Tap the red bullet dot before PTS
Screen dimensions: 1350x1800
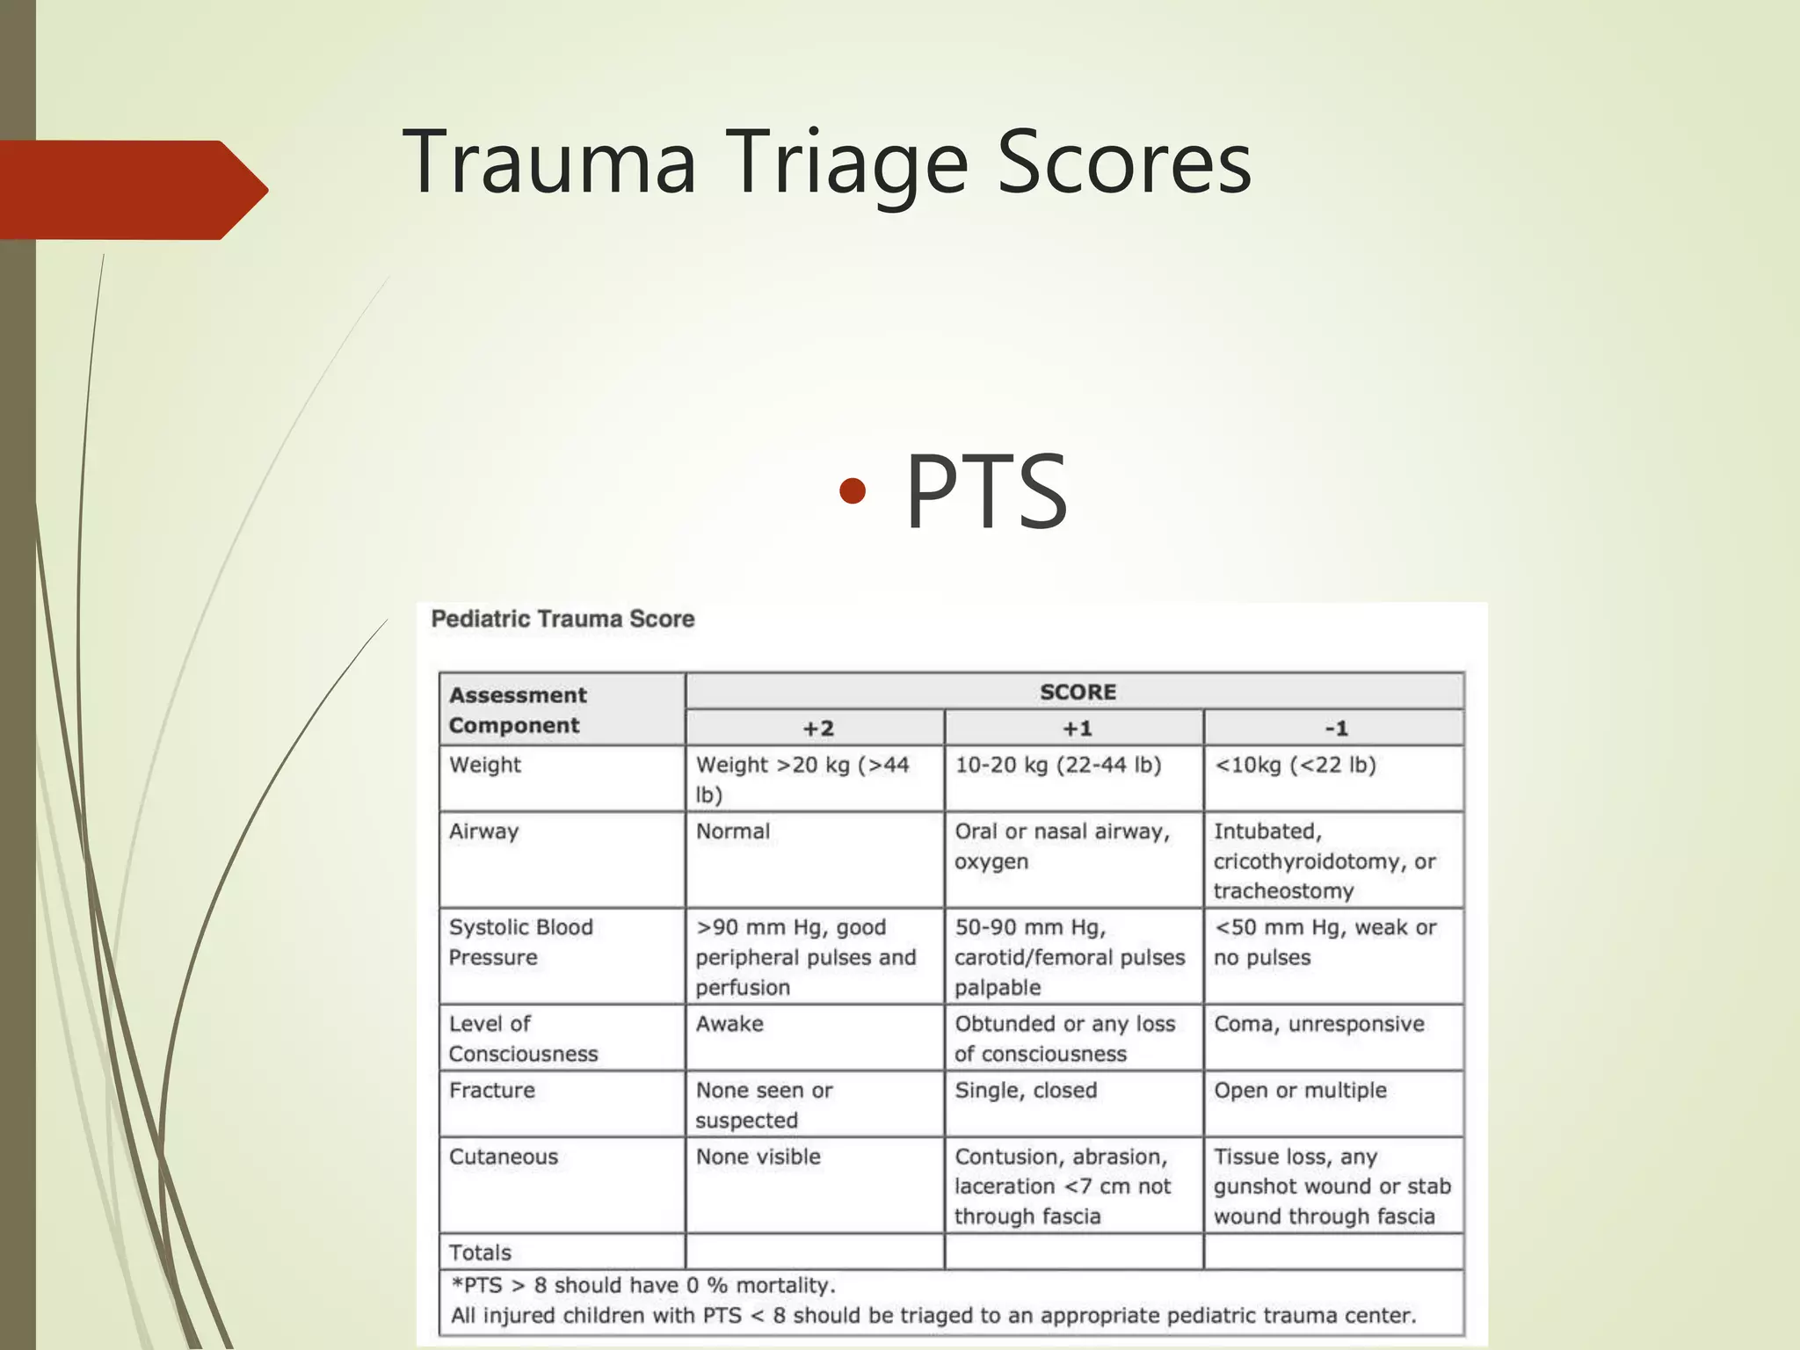[x=853, y=490]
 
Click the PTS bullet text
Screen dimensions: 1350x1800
[x=986, y=492]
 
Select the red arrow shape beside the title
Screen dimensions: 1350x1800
[x=132, y=190]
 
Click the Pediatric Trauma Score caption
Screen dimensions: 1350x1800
[x=562, y=619]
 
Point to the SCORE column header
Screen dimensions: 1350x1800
[x=1077, y=692]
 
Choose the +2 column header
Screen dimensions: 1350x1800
[x=817, y=729]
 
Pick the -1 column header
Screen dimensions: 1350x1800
[x=1335, y=729]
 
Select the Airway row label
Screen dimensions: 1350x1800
[x=484, y=831]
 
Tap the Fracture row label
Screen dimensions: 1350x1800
[x=492, y=1091]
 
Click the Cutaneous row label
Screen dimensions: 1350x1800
[x=504, y=1157]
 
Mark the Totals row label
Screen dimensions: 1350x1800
[x=480, y=1252]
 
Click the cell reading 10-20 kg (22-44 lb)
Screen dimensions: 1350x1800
[x=1058, y=766]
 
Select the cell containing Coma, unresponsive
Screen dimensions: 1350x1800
[x=1318, y=1025]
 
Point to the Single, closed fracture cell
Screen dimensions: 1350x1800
[x=1026, y=1091]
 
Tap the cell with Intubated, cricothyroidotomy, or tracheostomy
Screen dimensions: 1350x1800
[x=1324, y=861]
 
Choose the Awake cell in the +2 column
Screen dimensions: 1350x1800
[x=729, y=1025]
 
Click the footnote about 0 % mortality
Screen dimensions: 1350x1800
[x=643, y=1286]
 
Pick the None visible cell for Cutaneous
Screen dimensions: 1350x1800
[x=758, y=1157]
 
